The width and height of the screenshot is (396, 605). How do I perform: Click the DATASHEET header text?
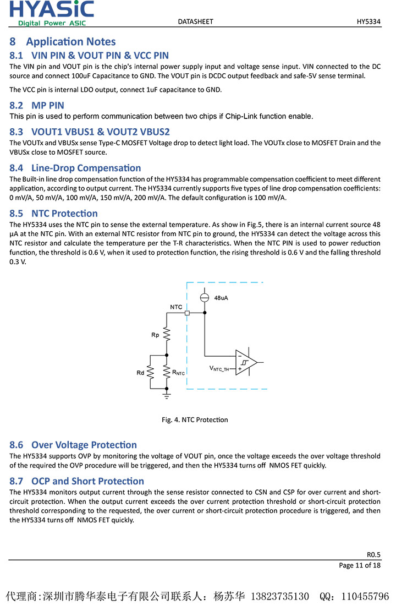point(195,21)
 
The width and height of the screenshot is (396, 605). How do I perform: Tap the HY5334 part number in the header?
point(369,21)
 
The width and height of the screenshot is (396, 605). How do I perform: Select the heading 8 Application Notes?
point(63,42)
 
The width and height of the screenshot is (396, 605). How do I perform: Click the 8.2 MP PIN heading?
point(37,105)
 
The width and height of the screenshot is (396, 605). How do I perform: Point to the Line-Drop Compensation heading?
point(75,168)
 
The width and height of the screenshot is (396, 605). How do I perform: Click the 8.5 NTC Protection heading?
point(54,213)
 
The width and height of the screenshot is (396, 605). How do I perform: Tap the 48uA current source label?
point(221,298)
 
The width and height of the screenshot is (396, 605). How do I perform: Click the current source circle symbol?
point(205,297)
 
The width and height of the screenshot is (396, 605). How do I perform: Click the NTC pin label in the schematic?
point(176,307)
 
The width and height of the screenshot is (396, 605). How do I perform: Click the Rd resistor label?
point(140,373)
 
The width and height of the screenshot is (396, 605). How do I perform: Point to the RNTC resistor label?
point(179,373)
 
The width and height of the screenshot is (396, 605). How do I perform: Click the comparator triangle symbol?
point(246,362)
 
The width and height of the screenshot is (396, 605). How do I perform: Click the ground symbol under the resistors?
point(167,394)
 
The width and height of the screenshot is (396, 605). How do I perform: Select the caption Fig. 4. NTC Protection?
point(195,419)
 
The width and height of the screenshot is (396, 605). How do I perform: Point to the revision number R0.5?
point(373,554)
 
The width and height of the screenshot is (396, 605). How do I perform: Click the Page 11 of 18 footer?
point(360,565)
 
